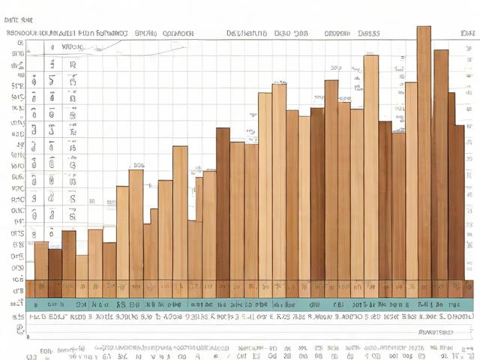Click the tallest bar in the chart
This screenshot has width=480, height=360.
424,150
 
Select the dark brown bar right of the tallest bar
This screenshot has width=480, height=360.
440,165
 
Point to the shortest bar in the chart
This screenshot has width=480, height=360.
82,268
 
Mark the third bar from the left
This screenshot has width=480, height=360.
68,255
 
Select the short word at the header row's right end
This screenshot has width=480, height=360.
468,34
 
